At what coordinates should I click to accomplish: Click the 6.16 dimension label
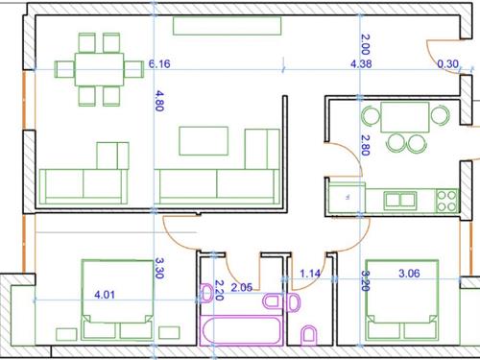click(159, 64)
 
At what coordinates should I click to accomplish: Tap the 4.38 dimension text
click(361, 64)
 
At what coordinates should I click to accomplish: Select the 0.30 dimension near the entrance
click(448, 64)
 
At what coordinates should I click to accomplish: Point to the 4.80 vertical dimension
click(159, 101)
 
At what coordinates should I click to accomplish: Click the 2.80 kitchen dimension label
click(366, 145)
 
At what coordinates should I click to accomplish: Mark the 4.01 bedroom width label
click(105, 295)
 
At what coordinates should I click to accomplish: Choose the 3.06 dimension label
click(409, 274)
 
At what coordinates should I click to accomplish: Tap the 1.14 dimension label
click(310, 274)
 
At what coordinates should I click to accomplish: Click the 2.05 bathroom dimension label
click(242, 287)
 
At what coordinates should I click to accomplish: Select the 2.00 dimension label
click(366, 44)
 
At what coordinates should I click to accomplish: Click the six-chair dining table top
click(99, 69)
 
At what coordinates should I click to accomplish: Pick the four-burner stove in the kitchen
click(446, 201)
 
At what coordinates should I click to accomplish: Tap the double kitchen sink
click(400, 200)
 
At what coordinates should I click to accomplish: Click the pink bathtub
click(241, 331)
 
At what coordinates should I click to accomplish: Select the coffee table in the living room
click(204, 141)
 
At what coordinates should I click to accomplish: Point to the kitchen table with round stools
click(405, 117)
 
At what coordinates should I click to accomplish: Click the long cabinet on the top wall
click(228, 26)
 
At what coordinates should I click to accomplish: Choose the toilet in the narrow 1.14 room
click(309, 335)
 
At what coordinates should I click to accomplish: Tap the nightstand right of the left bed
click(169, 333)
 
